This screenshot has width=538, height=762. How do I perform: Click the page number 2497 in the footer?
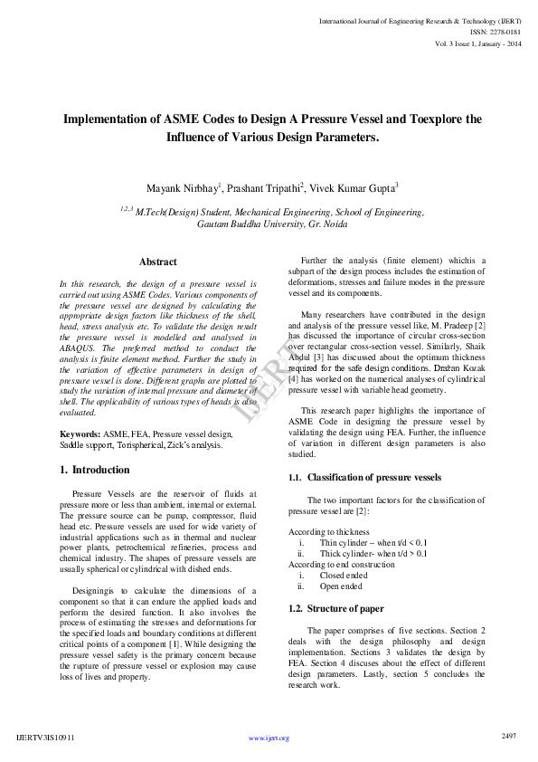(x=509, y=736)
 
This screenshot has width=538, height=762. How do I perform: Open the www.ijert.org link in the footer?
(x=269, y=738)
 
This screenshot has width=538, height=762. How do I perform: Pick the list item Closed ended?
(x=344, y=575)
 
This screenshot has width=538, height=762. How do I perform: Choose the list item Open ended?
(x=341, y=586)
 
